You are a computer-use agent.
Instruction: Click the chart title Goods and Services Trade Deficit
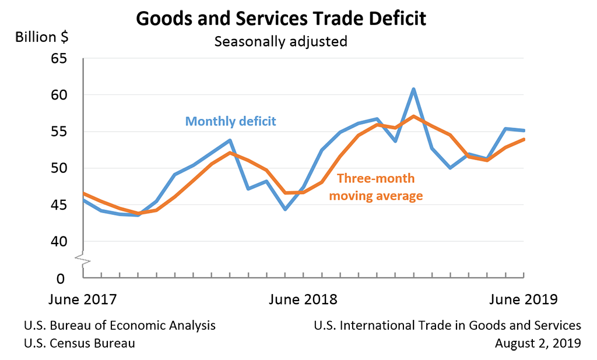pyautogui.click(x=280, y=18)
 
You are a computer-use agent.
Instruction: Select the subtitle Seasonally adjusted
pyautogui.click(x=280, y=42)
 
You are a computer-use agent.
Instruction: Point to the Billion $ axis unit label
pyautogui.click(x=41, y=37)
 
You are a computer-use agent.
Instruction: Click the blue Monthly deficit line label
pyautogui.click(x=230, y=121)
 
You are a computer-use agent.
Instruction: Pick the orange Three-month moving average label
pyautogui.click(x=376, y=187)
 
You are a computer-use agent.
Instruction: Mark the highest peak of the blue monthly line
pyautogui.click(x=413, y=89)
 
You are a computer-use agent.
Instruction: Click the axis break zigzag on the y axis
pyautogui.click(x=84, y=260)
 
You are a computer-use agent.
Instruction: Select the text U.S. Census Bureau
pyautogui.click(x=79, y=343)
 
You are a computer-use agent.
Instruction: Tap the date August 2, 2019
pyautogui.click(x=538, y=343)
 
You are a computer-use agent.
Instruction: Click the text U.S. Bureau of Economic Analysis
pyautogui.click(x=120, y=326)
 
